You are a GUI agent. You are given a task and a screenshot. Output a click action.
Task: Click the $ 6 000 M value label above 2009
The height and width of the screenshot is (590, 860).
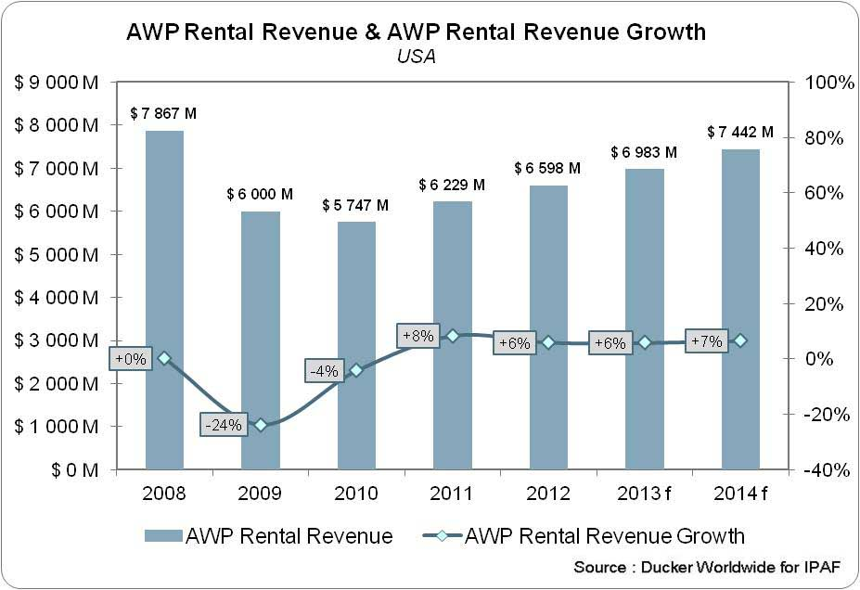pyautogui.click(x=260, y=195)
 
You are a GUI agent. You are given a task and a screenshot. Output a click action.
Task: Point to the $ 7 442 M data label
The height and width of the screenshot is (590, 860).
pyautogui.click(x=740, y=133)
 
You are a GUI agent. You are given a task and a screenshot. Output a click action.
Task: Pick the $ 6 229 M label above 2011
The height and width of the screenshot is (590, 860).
pyautogui.click(x=452, y=186)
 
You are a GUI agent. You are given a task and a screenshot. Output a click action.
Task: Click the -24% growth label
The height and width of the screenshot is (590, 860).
pyautogui.click(x=224, y=425)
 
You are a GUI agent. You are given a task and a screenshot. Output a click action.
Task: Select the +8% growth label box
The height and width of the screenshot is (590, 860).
pyautogui.click(x=417, y=336)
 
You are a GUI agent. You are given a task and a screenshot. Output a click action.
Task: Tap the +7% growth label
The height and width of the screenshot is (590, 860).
pyautogui.click(x=707, y=340)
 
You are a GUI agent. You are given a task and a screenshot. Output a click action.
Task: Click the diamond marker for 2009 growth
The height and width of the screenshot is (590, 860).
pyautogui.click(x=261, y=425)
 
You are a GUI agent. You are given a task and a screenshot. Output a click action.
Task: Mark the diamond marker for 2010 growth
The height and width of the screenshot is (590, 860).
pyautogui.click(x=356, y=370)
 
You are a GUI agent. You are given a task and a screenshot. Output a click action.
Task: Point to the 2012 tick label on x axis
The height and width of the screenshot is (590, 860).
pyautogui.click(x=548, y=493)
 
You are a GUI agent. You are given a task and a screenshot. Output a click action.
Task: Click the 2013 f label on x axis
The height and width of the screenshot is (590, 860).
pyautogui.click(x=644, y=493)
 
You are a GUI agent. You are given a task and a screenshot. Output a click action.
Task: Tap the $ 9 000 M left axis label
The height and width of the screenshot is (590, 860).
pyautogui.click(x=57, y=83)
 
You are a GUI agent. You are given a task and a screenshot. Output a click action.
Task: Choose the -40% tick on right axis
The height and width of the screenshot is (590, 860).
pyautogui.click(x=828, y=470)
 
